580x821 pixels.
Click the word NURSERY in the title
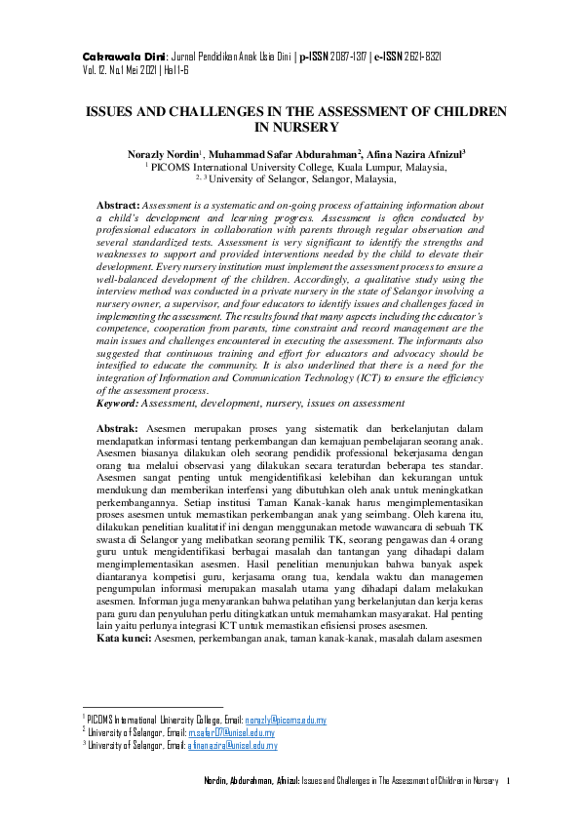[295, 127]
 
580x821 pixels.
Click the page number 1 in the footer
[509, 781]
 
